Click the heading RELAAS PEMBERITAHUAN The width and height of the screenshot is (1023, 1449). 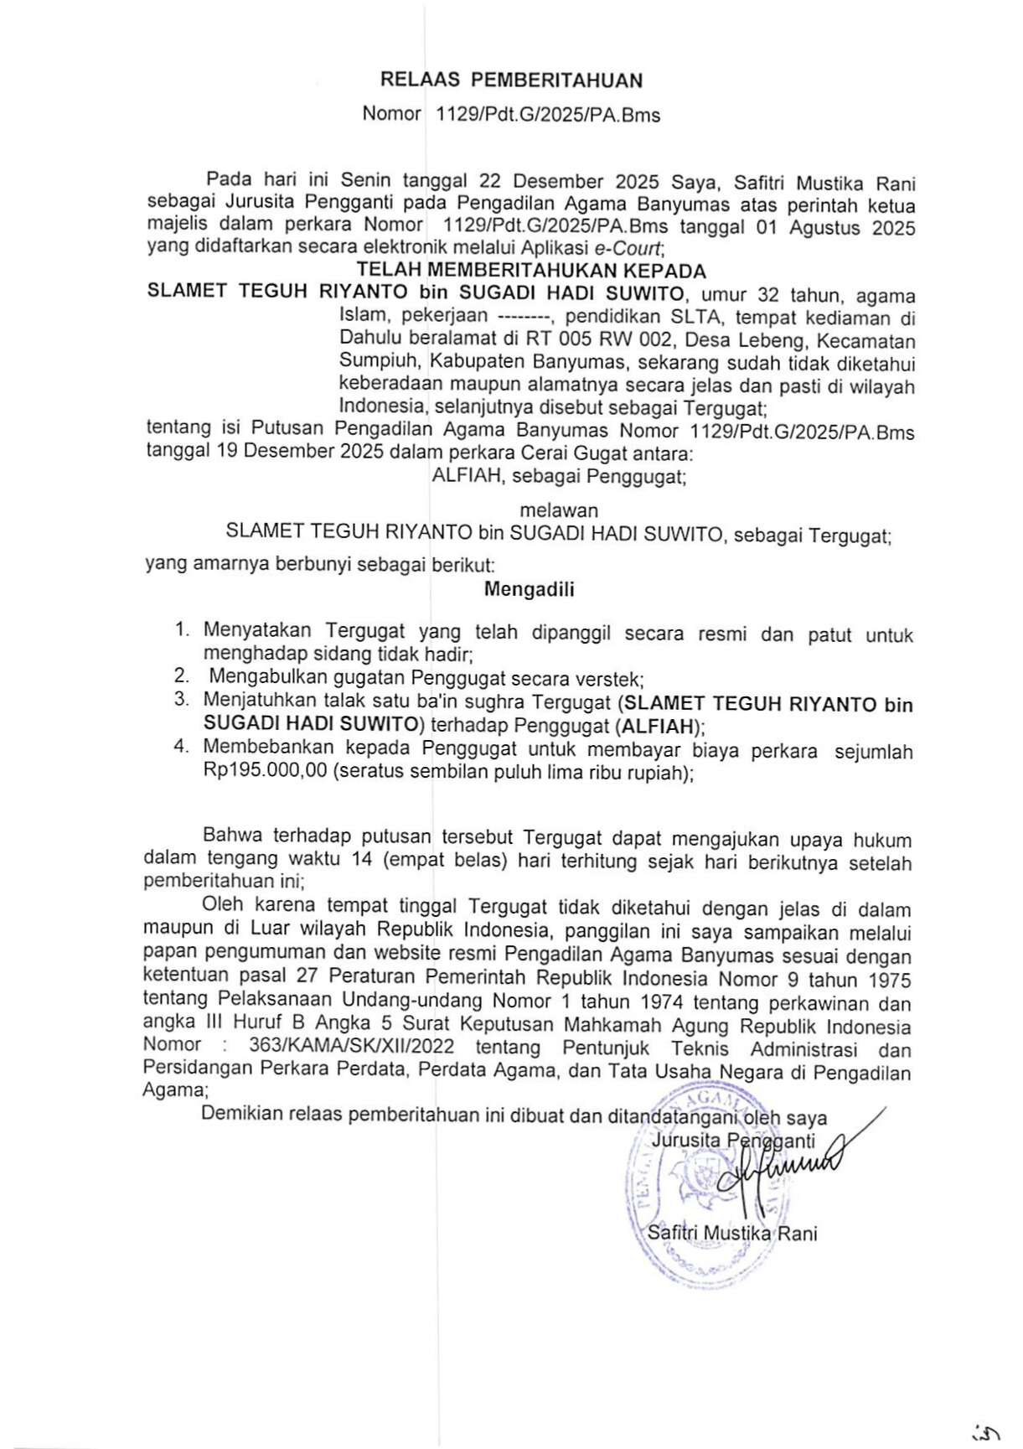pos(511,80)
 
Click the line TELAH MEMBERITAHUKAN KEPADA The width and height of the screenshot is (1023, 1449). pos(531,271)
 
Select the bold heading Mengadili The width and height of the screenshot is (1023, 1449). pos(529,589)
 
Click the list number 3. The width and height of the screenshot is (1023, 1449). pos(181,700)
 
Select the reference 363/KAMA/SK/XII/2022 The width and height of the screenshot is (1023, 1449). pos(351,1047)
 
